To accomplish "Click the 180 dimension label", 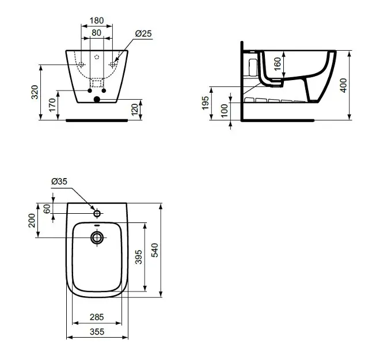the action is [97, 21].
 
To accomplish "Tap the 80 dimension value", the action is [96, 33].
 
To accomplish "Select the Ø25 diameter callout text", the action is [143, 33].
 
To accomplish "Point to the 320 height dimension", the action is [35, 92].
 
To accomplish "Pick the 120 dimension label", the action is [135, 109].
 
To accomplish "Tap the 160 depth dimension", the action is [278, 64].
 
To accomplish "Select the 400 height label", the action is [343, 85].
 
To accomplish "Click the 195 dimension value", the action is [206, 103].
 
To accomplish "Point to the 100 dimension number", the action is [224, 111].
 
